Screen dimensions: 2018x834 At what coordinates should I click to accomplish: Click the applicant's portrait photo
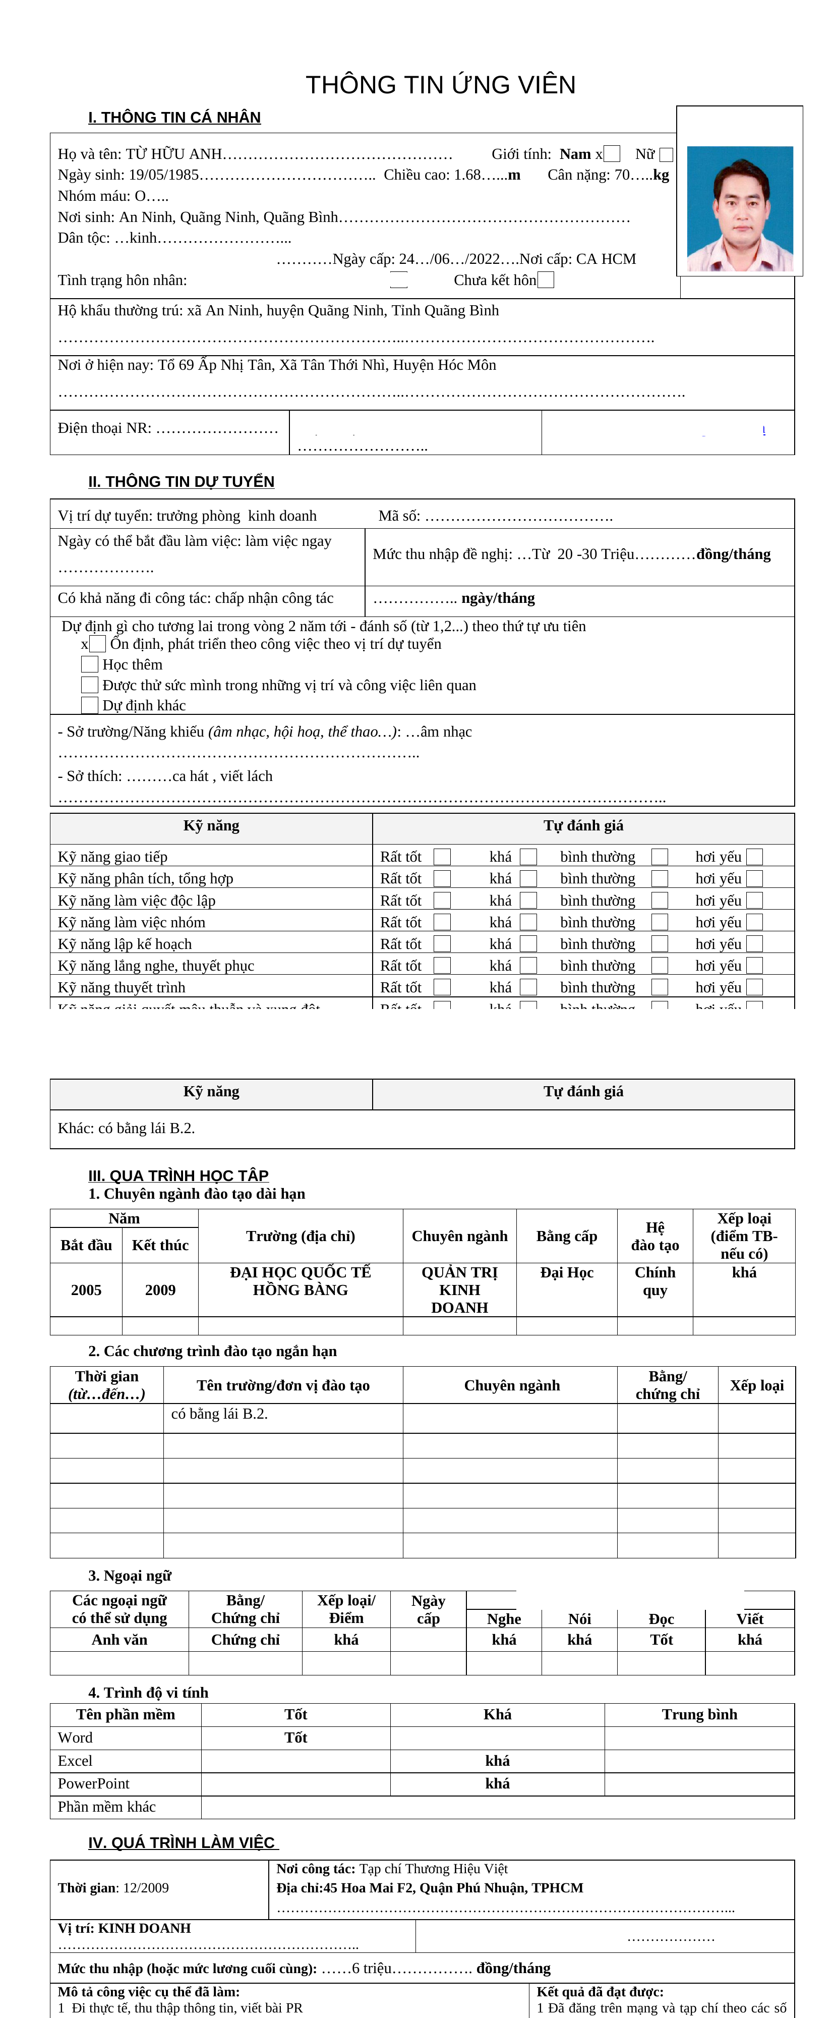pyautogui.click(x=739, y=208)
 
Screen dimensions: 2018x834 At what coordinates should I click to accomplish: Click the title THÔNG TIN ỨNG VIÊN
pyautogui.click(x=440, y=85)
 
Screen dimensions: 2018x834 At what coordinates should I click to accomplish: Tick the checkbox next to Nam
pyautogui.click(x=612, y=154)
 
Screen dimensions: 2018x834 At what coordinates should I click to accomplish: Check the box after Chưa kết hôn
pyautogui.click(x=546, y=279)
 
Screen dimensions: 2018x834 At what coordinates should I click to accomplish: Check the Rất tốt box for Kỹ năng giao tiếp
pyautogui.click(x=442, y=857)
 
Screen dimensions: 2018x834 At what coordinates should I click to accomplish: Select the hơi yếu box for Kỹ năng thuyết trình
pyautogui.click(x=754, y=987)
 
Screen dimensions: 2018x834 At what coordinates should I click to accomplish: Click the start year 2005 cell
pyautogui.click(x=86, y=1290)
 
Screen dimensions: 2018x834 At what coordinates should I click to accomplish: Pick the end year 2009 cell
pyautogui.click(x=160, y=1290)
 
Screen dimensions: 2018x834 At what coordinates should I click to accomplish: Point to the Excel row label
pyautogui.click(x=75, y=1760)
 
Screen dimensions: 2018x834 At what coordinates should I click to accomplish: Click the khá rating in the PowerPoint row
pyautogui.click(x=497, y=1783)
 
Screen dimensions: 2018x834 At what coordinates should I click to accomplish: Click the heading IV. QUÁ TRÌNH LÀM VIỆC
pyautogui.click(x=183, y=1842)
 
